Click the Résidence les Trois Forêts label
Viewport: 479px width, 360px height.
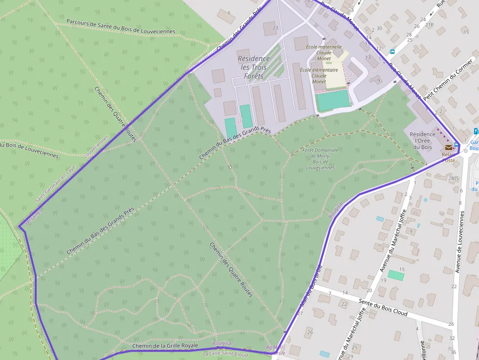click(253, 67)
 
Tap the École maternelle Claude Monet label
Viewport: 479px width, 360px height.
click(323, 53)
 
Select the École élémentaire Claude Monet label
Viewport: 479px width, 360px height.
click(319, 76)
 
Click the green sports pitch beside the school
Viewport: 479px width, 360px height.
click(333, 100)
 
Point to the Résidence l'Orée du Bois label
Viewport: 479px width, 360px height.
click(422, 140)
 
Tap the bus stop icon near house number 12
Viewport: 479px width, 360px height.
click(392, 51)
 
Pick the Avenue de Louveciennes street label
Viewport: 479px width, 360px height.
click(460, 241)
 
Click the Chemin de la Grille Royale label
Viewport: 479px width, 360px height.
click(165, 346)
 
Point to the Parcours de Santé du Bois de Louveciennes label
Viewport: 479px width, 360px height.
click(121, 26)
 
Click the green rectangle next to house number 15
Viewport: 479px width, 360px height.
click(396, 276)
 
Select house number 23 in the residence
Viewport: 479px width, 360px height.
click(275, 27)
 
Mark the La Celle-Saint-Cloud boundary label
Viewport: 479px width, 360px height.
click(225, 354)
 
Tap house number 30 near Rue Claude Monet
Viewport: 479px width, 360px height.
click(379, 28)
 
